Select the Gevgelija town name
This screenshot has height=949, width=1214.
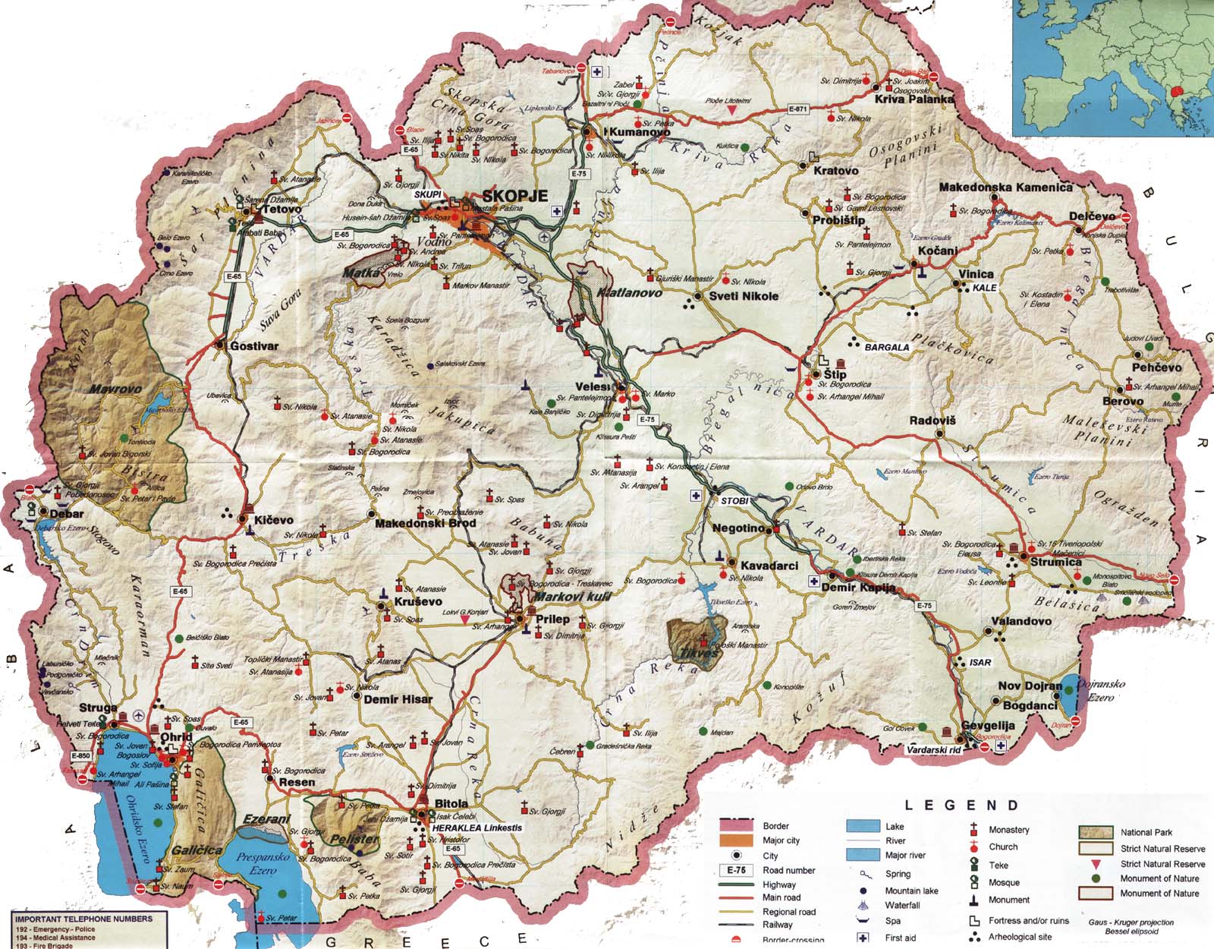pyautogui.click(x=988, y=726)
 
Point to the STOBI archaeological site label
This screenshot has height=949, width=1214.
pyautogui.click(x=734, y=501)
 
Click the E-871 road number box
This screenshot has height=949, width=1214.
pyautogui.click(x=797, y=109)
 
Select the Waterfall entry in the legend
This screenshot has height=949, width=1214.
pyautogui.click(x=902, y=905)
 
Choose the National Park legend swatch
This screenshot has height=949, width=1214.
pyautogui.click(x=1095, y=832)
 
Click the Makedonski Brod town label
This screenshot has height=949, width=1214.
pyautogui.click(x=426, y=523)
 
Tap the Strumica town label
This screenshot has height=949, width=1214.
pyautogui.click(x=1055, y=562)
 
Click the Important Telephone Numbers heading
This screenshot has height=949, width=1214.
pyautogui.click(x=83, y=919)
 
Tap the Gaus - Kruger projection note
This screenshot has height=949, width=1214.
pyautogui.click(x=1131, y=922)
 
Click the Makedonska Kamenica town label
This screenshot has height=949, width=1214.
pyautogui.click(x=1005, y=187)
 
